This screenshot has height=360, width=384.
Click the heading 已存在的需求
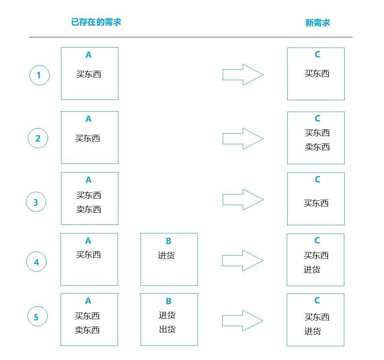click(96, 22)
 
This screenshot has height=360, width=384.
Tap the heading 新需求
click(318, 23)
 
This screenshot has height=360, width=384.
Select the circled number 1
click(39, 75)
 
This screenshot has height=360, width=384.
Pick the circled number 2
click(38, 138)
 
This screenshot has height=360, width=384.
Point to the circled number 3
click(36, 202)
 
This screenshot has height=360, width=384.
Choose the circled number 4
click(37, 262)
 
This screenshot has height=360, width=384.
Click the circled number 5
click(37, 317)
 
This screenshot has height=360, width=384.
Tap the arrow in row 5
click(242, 321)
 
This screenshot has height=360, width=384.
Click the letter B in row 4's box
click(168, 241)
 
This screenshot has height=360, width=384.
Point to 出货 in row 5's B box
click(167, 329)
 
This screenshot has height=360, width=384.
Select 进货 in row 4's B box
click(166, 255)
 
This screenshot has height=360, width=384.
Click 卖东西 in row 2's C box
click(317, 147)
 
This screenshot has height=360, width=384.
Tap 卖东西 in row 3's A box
click(89, 209)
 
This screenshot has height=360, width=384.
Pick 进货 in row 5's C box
click(312, 331)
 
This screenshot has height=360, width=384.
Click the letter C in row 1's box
click(317, 55)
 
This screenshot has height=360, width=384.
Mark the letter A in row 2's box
click(89, 119)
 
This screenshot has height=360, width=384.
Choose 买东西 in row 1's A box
click(89, 74)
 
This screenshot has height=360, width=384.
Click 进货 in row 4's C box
click(312, 270)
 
